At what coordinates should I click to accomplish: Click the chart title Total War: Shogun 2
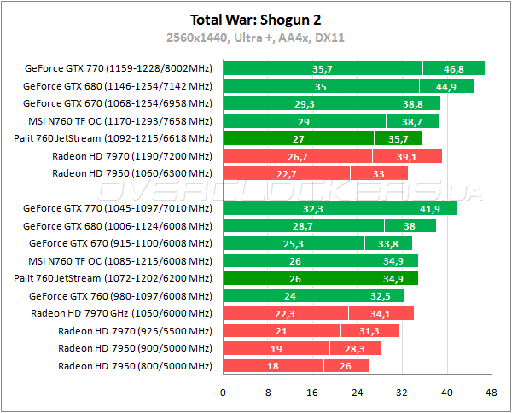pos(256,19)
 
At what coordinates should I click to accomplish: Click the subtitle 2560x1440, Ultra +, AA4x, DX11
pos(256,38)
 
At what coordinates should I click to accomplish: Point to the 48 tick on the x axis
pos(491,393)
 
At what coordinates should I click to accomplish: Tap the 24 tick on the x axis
pos(357,393)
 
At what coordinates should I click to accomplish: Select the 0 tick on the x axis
pos(223,393)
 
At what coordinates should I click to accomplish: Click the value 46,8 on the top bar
pos(454,69)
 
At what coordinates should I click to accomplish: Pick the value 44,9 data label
pos(446,86)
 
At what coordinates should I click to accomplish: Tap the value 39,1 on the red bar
pos(407,156)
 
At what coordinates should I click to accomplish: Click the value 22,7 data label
pos(286,173)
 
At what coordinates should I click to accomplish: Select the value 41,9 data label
pos(430,208)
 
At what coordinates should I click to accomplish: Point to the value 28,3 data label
pos(355,348)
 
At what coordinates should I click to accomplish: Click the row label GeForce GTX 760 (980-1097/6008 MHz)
pos(119,296)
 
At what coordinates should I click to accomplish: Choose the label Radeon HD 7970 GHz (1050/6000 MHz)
pos(121,313)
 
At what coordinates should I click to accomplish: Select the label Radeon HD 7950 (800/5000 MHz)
pos(135,366)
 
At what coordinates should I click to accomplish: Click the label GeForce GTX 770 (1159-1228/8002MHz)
pos(118,68)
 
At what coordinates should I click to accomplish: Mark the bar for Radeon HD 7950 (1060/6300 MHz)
pos(315,173)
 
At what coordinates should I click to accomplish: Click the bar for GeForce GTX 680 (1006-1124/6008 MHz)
pos(329,226)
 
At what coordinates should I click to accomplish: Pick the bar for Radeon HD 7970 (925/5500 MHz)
pos(311,331)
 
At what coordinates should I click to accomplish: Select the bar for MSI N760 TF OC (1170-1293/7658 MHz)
pos(331,121)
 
